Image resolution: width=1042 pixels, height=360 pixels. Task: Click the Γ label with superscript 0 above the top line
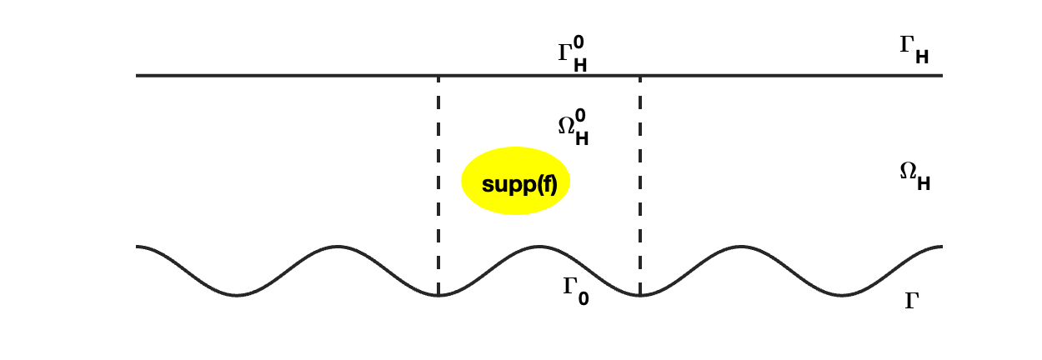tap(572, 54)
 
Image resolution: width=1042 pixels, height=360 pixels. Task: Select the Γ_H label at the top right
tap(914, 49)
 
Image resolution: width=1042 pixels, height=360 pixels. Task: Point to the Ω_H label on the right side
tap(914, 175)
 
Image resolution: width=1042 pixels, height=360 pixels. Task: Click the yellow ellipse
tap(515, 181)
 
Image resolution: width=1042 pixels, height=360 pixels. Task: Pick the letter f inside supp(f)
tap(546, 185)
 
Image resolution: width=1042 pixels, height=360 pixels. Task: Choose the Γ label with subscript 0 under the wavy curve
tap(575, 290)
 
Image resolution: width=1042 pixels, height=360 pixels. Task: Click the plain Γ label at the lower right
tap(912, 301)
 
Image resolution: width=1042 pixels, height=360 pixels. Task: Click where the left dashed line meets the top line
tap(438, 76)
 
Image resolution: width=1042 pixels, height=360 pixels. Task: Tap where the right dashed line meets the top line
tap(640, 76)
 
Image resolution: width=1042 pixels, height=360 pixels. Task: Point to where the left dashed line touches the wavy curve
tap(438, 295)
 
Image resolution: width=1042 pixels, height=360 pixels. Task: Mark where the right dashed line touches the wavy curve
tap(640, 295)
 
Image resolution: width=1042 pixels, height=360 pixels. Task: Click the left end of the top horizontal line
tap(138, 76)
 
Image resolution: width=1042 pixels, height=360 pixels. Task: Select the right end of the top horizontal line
tap(941, 76)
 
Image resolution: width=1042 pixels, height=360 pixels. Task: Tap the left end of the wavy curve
tap(138, 247)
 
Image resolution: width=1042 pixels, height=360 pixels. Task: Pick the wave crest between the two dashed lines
tap(539, 247)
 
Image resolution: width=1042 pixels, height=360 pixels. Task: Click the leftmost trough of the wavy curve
tap(238, 295)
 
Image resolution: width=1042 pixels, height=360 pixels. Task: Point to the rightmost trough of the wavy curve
tap(842, 295)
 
